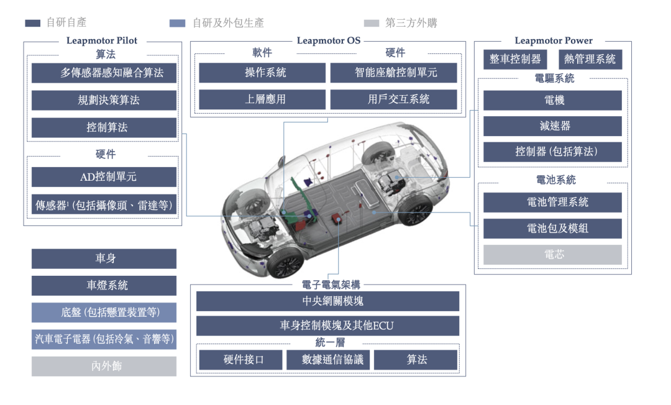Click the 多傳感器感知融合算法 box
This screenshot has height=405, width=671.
pos(104,73)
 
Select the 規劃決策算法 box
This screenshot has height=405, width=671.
pos(104,100)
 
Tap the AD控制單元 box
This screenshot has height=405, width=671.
pos(104,177)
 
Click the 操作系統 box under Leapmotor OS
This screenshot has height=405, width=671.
pos(262,73)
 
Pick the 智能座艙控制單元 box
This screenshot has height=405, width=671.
pos(393,73)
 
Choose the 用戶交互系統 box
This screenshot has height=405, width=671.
pos(393,99)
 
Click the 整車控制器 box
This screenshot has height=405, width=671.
pos(515,59)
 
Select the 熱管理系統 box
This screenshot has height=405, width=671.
pos(590,59)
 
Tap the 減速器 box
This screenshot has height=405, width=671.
pos(552,126)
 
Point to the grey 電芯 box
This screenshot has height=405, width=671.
pos(552,255)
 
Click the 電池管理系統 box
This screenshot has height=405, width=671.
pos(552,202)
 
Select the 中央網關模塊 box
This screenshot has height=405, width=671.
pos(327,301)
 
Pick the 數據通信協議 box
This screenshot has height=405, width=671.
pos(328,360)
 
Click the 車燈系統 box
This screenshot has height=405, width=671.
pos(104,286)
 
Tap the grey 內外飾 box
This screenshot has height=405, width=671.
pos(104,366)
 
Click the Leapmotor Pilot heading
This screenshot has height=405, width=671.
pos(102,41)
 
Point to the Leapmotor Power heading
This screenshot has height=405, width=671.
pos(554,41)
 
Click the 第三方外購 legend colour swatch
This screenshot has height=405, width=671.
pos(371,23)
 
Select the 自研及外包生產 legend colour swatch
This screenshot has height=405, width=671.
pos(177,23)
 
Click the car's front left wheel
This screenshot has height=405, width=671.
pos(285,263)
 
